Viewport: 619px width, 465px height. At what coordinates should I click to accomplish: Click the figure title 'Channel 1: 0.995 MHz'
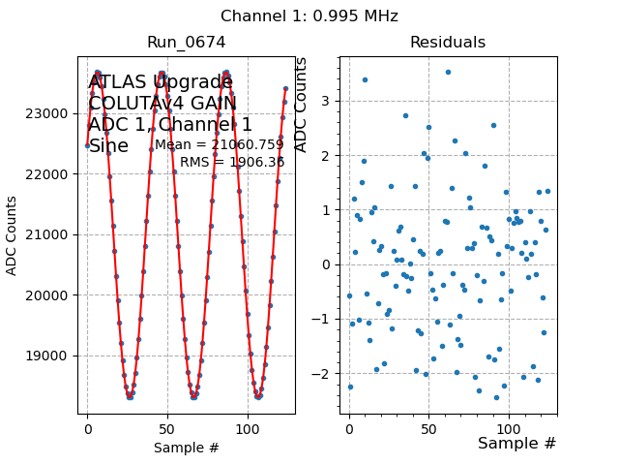[309, 16]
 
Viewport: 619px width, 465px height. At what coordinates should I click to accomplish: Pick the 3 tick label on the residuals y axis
[326, 101]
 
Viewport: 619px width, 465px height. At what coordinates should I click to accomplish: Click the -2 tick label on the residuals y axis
[322, 374]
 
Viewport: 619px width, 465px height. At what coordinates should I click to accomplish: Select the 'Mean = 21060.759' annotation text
[220, 145]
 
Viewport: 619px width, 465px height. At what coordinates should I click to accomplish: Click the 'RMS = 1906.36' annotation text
[232, 162]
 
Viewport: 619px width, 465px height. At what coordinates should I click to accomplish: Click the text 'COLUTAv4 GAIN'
[162, 104]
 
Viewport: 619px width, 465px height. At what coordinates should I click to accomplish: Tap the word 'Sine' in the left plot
[108, 146]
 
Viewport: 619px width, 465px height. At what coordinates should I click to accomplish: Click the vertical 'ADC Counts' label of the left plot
[13, 235]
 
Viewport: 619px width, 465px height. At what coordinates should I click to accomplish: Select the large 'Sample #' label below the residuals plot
[516, 444]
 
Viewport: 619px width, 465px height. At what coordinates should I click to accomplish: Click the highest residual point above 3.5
[448, 72]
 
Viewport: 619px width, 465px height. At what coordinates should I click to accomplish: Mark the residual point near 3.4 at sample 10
[365, 79]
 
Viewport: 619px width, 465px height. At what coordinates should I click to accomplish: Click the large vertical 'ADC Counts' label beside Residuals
[301, 105]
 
